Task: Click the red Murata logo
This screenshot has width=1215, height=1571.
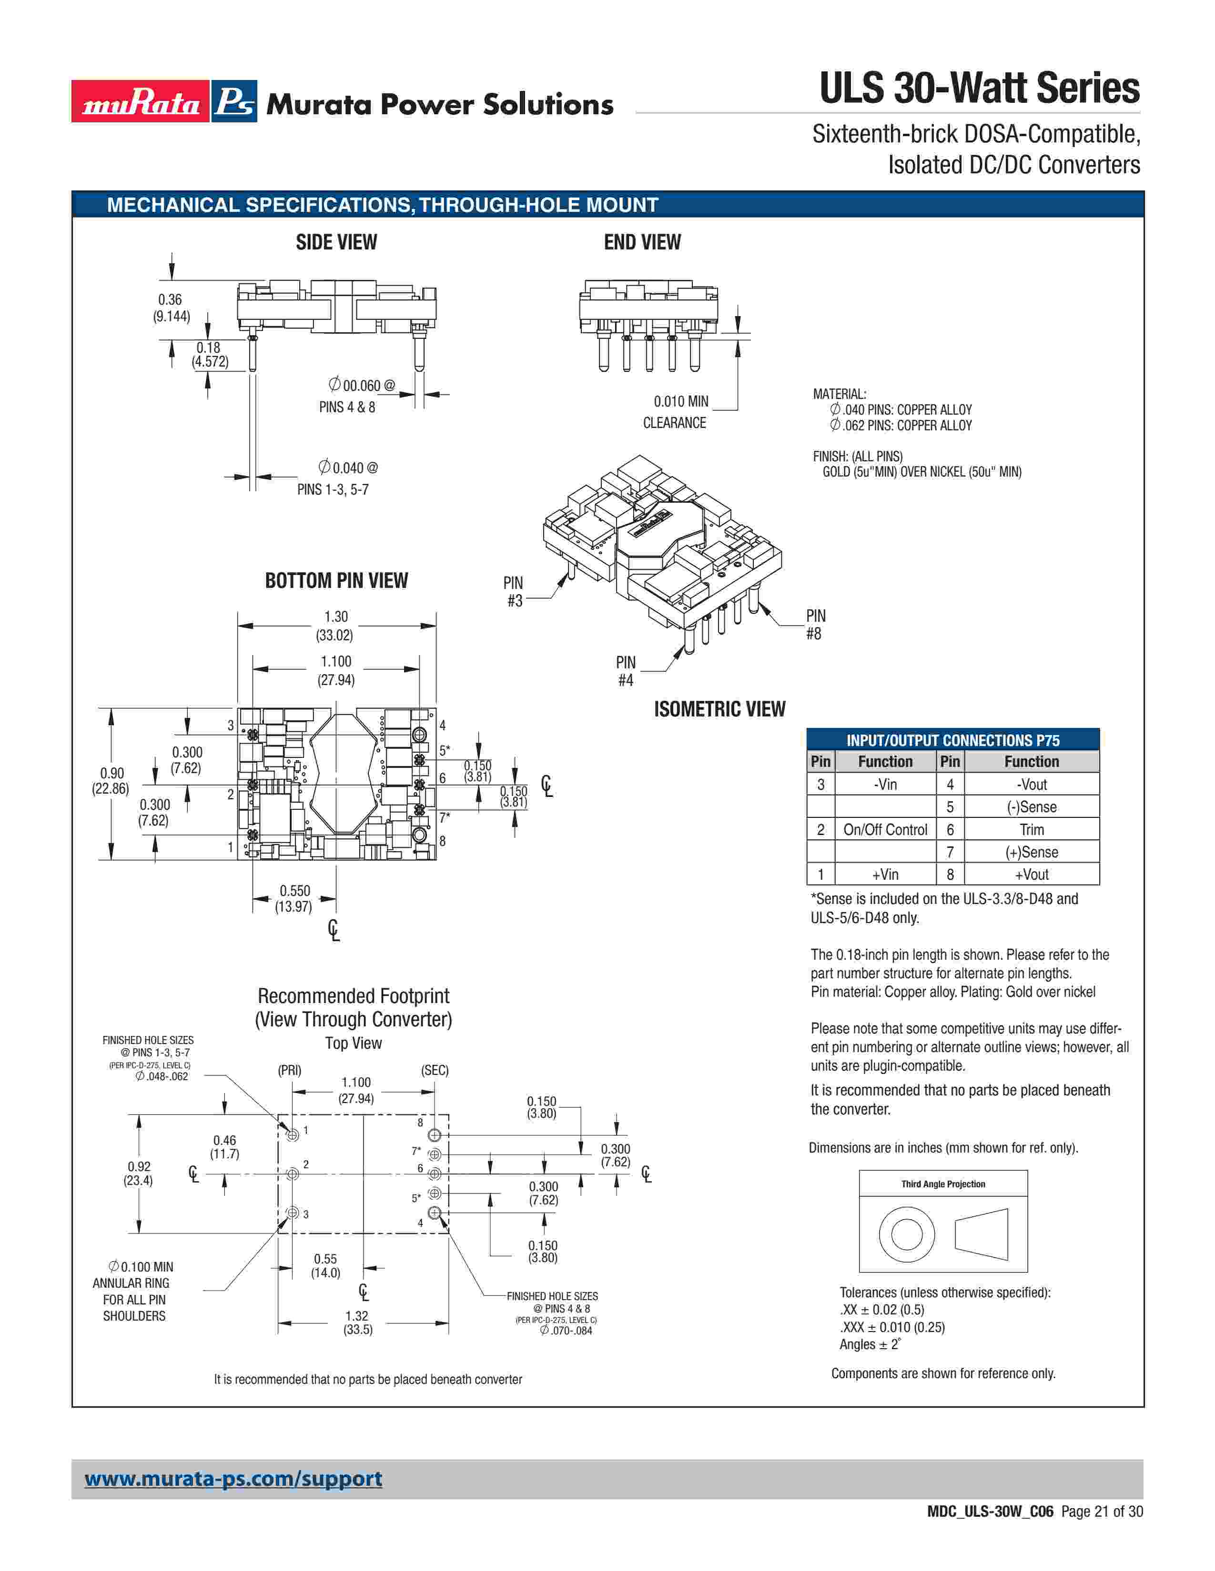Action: coord(141,101)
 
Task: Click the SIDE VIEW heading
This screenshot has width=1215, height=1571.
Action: coord(336,242)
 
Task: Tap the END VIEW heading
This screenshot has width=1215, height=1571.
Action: coord(642,242)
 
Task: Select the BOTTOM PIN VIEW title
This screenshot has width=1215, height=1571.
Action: coord(336,580)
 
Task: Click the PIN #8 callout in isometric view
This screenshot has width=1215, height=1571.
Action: coord(815,625)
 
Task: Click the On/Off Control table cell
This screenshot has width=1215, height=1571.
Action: coord(885,829)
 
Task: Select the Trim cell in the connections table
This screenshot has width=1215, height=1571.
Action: coord(1032,829)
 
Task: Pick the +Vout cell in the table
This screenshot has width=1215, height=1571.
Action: coord(1032,875)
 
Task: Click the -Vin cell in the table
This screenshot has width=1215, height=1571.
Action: coord(885,784)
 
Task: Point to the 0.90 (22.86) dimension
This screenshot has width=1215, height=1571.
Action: coord(111,780)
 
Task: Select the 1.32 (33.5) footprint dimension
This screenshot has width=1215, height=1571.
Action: coord(357,1322)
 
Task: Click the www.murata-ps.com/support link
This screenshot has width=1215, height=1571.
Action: coord(233,1479)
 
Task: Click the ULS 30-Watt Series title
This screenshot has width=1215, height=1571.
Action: coord(979,89)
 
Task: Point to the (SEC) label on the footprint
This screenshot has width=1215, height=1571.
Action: coord(435,1070)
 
